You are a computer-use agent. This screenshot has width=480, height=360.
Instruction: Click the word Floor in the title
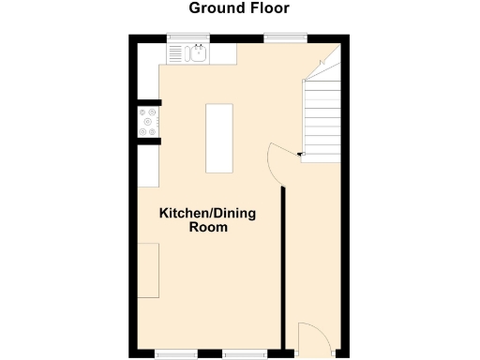267,8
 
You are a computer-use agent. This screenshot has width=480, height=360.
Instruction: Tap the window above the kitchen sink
187,38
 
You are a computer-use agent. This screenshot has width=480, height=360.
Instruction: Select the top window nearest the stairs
285,38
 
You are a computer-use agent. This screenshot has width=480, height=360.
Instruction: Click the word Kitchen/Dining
207,214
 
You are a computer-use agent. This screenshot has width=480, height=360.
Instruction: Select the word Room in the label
208,228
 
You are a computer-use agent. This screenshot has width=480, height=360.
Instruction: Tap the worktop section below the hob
149,166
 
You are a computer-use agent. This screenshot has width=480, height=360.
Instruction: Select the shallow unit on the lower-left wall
149,269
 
